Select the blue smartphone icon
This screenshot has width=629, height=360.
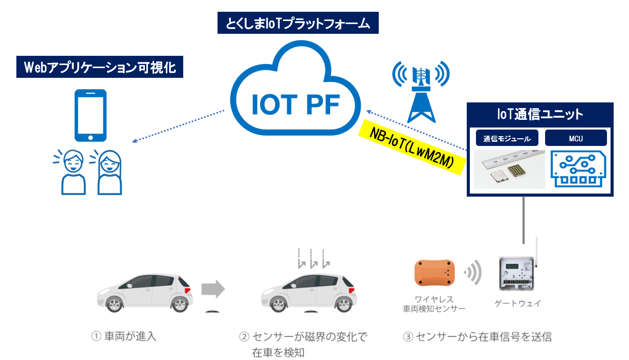[90, 115]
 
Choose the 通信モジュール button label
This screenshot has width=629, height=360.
[507, 138]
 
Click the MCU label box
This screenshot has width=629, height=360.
[576, 138]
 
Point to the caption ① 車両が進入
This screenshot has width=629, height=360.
[123, 336]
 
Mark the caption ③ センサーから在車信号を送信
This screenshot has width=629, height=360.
[478, 336]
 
